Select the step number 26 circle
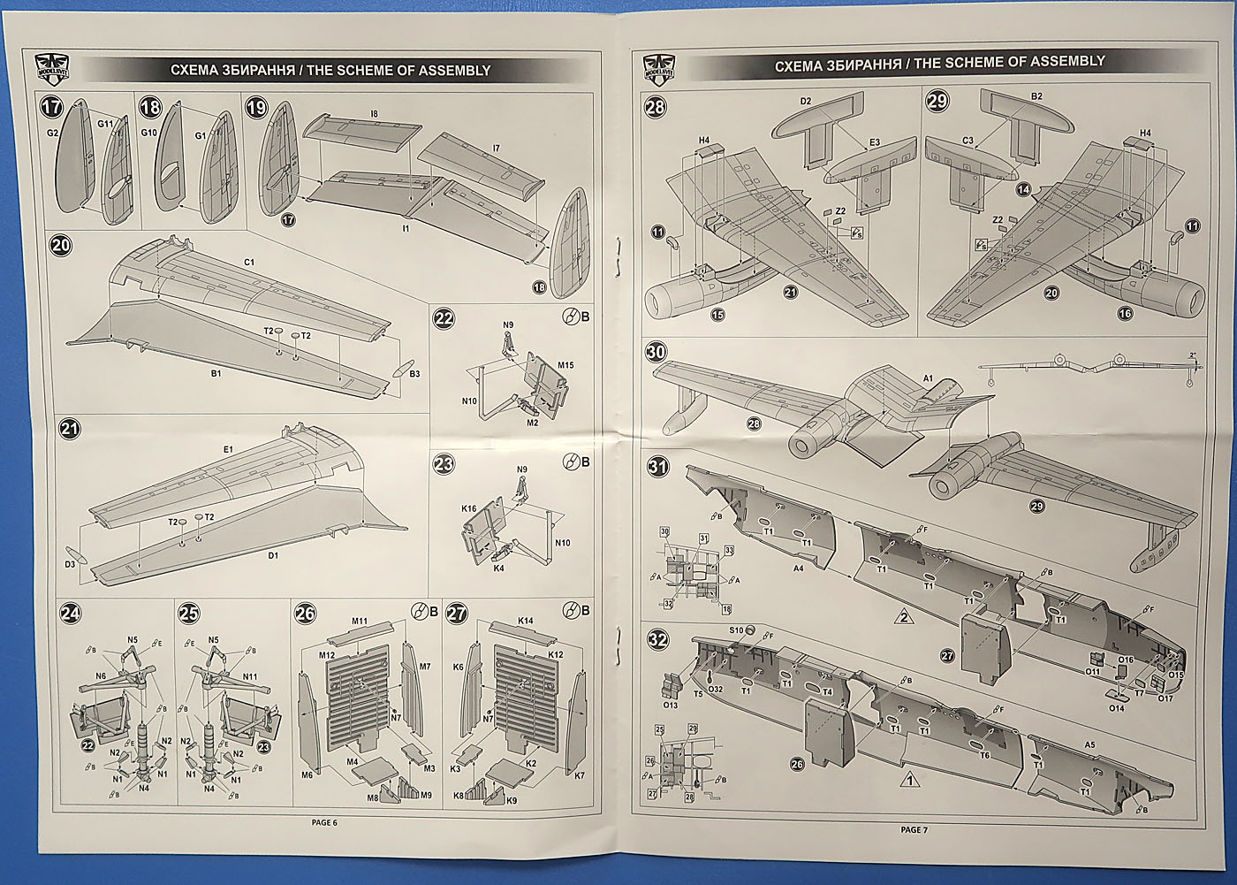click(x=305, y=614)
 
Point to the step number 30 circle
click(x=656, y=353)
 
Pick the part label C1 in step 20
click(x=248, y=263)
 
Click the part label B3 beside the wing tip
click(x=414, y=373)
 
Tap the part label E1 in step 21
click(x=228, y=450)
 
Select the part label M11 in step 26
click(x=359, y=621)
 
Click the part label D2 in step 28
click(x=805, y=102)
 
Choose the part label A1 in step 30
click(x=928, y=378)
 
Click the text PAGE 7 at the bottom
click(x=914, y=829)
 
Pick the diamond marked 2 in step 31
click(x=903, y=616)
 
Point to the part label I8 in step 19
click(x=374, y=113)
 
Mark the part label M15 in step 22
click(x=565, y=365)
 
